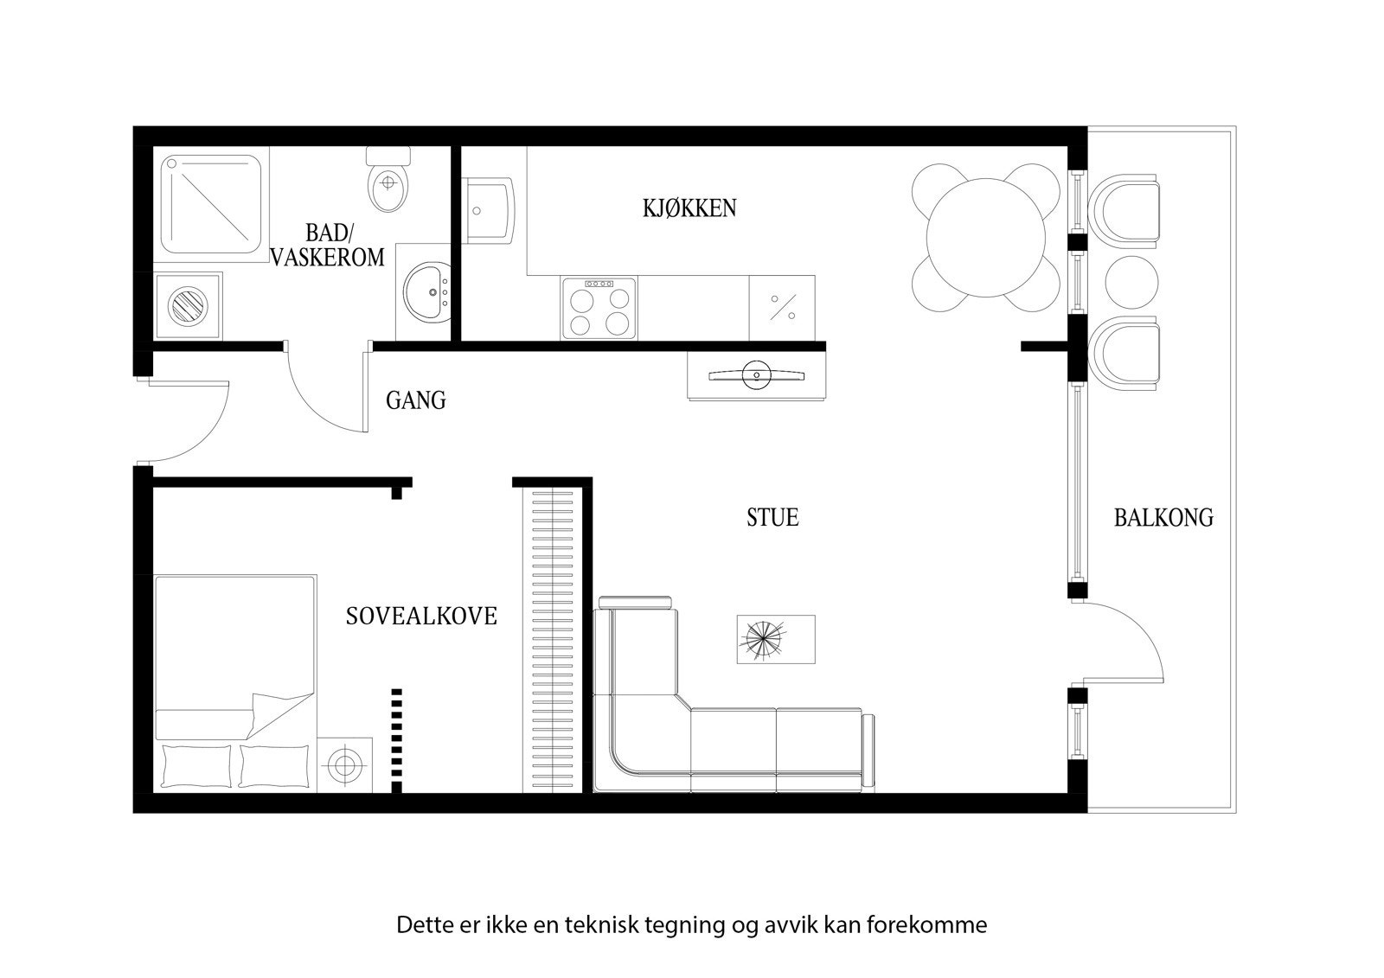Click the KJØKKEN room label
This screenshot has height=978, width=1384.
coord(689,208)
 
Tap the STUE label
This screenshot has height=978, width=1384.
coord(772,517)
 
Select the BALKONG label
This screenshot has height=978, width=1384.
coord(1163,518)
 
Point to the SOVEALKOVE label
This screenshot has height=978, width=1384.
coord(421,617)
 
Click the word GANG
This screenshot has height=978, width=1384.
coord(415,400)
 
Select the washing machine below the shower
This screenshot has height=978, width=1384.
coord(188,306)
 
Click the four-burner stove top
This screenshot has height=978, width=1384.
coord(598,309)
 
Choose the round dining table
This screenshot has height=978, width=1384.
coord(985,237)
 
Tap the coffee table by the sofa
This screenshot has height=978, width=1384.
coord(775,640)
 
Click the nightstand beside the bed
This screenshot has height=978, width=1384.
coord(344,764)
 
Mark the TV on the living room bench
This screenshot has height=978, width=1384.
coord(756,374)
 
